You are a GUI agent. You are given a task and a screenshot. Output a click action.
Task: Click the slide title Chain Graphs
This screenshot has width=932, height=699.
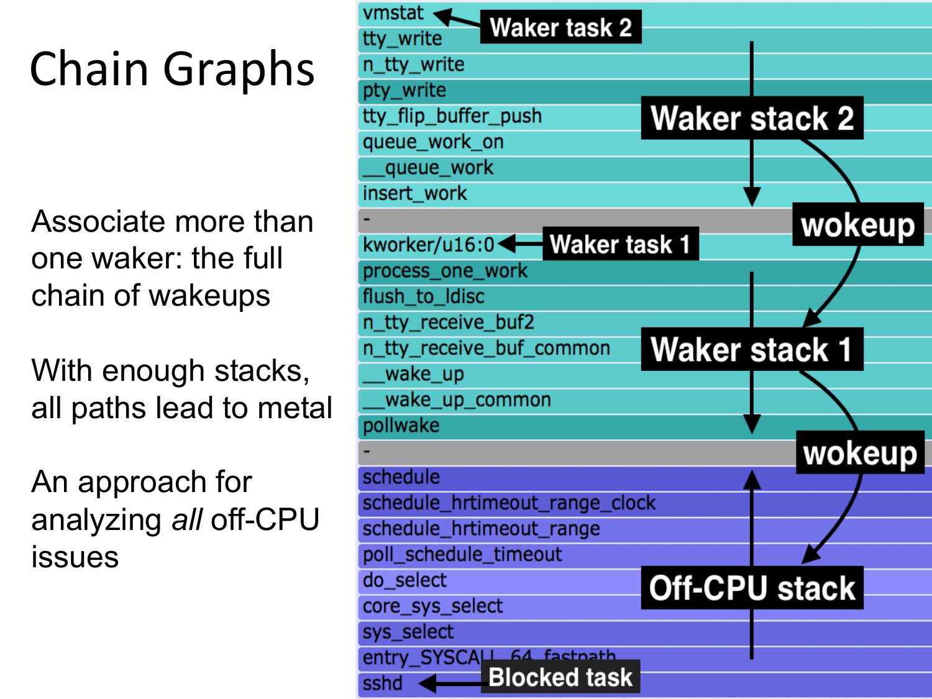(172, 68)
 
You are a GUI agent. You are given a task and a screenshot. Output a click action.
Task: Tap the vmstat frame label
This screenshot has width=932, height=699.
(393, 13)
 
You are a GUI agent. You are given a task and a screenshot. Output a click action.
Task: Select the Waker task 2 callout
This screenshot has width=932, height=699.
(560, 27)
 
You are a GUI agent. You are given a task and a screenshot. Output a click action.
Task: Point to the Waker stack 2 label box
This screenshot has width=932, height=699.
(752, 118)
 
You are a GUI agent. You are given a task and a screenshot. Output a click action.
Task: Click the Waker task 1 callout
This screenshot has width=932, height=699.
(620, 244)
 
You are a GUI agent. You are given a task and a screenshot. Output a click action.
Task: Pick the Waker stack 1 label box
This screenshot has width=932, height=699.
(752, 349)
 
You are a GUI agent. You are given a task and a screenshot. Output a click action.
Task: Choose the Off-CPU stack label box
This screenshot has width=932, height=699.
(752, 588)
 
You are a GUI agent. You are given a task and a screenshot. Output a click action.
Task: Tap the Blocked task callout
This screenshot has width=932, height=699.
(560, 677)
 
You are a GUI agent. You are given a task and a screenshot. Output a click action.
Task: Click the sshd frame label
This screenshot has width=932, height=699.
(383, 683)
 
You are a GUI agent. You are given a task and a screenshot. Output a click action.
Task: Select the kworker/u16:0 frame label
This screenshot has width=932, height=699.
(429, 245)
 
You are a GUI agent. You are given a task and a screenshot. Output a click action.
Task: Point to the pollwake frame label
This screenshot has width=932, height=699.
(401, 426)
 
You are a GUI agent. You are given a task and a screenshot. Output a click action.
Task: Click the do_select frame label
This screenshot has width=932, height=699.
(404, 580)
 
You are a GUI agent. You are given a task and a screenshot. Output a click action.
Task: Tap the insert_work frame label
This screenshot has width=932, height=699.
(414, 193)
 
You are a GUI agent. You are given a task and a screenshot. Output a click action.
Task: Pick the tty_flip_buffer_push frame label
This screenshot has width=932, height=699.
(452, 116)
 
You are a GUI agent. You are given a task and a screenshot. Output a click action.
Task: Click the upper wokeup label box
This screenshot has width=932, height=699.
(857, 225)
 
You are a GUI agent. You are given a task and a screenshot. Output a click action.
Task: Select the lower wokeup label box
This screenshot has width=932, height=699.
(860, 453)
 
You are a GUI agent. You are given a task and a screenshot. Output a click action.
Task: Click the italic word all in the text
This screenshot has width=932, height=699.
(186, 519)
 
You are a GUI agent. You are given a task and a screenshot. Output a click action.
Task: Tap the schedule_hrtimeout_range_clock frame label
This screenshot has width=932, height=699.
(509, 503)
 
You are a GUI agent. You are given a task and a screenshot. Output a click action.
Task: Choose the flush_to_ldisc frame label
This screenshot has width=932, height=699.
(423, 296)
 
